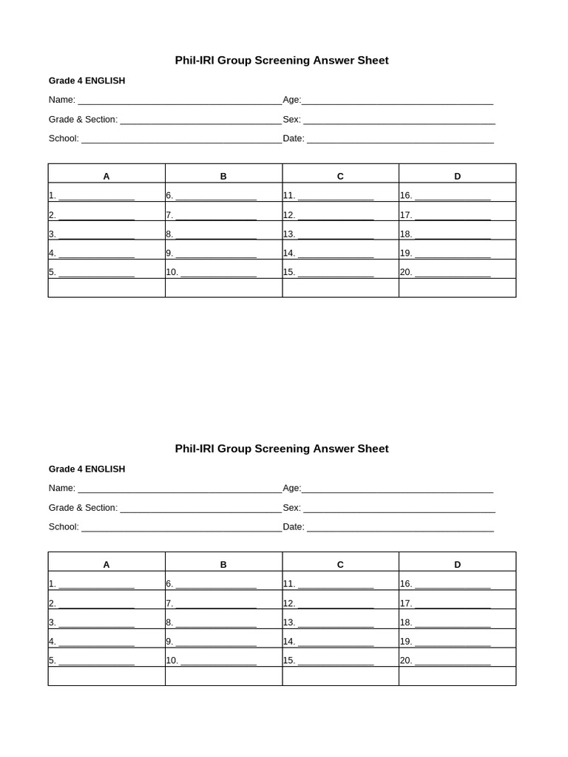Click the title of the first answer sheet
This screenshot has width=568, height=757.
[281, 61]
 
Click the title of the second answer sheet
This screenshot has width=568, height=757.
[281, 449]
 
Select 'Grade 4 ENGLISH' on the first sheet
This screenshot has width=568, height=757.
[87, 81]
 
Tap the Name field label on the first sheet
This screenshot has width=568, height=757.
[62, 100]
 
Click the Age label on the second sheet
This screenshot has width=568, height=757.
[291, 488]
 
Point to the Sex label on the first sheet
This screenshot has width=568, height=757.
[291, 119]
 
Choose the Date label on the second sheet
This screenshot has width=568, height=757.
[294, 526]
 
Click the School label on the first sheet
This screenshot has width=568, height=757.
[64, 138]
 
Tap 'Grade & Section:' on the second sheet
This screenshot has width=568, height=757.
[83, 508]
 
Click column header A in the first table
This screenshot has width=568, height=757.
[106, 176]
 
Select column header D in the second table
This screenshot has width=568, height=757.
[457, 565]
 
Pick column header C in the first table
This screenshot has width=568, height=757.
[340, 176]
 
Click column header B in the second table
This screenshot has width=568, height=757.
[223, 565]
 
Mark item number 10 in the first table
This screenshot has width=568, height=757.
[172, 272]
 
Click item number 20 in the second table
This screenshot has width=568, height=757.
[406, 660]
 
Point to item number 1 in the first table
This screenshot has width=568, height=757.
[53, 196]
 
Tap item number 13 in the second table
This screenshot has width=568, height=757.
[289, 622]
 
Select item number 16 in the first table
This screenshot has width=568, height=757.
[406, 196]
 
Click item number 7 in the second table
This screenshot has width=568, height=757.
[169, 603]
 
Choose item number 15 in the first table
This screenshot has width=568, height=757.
[289, 272]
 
